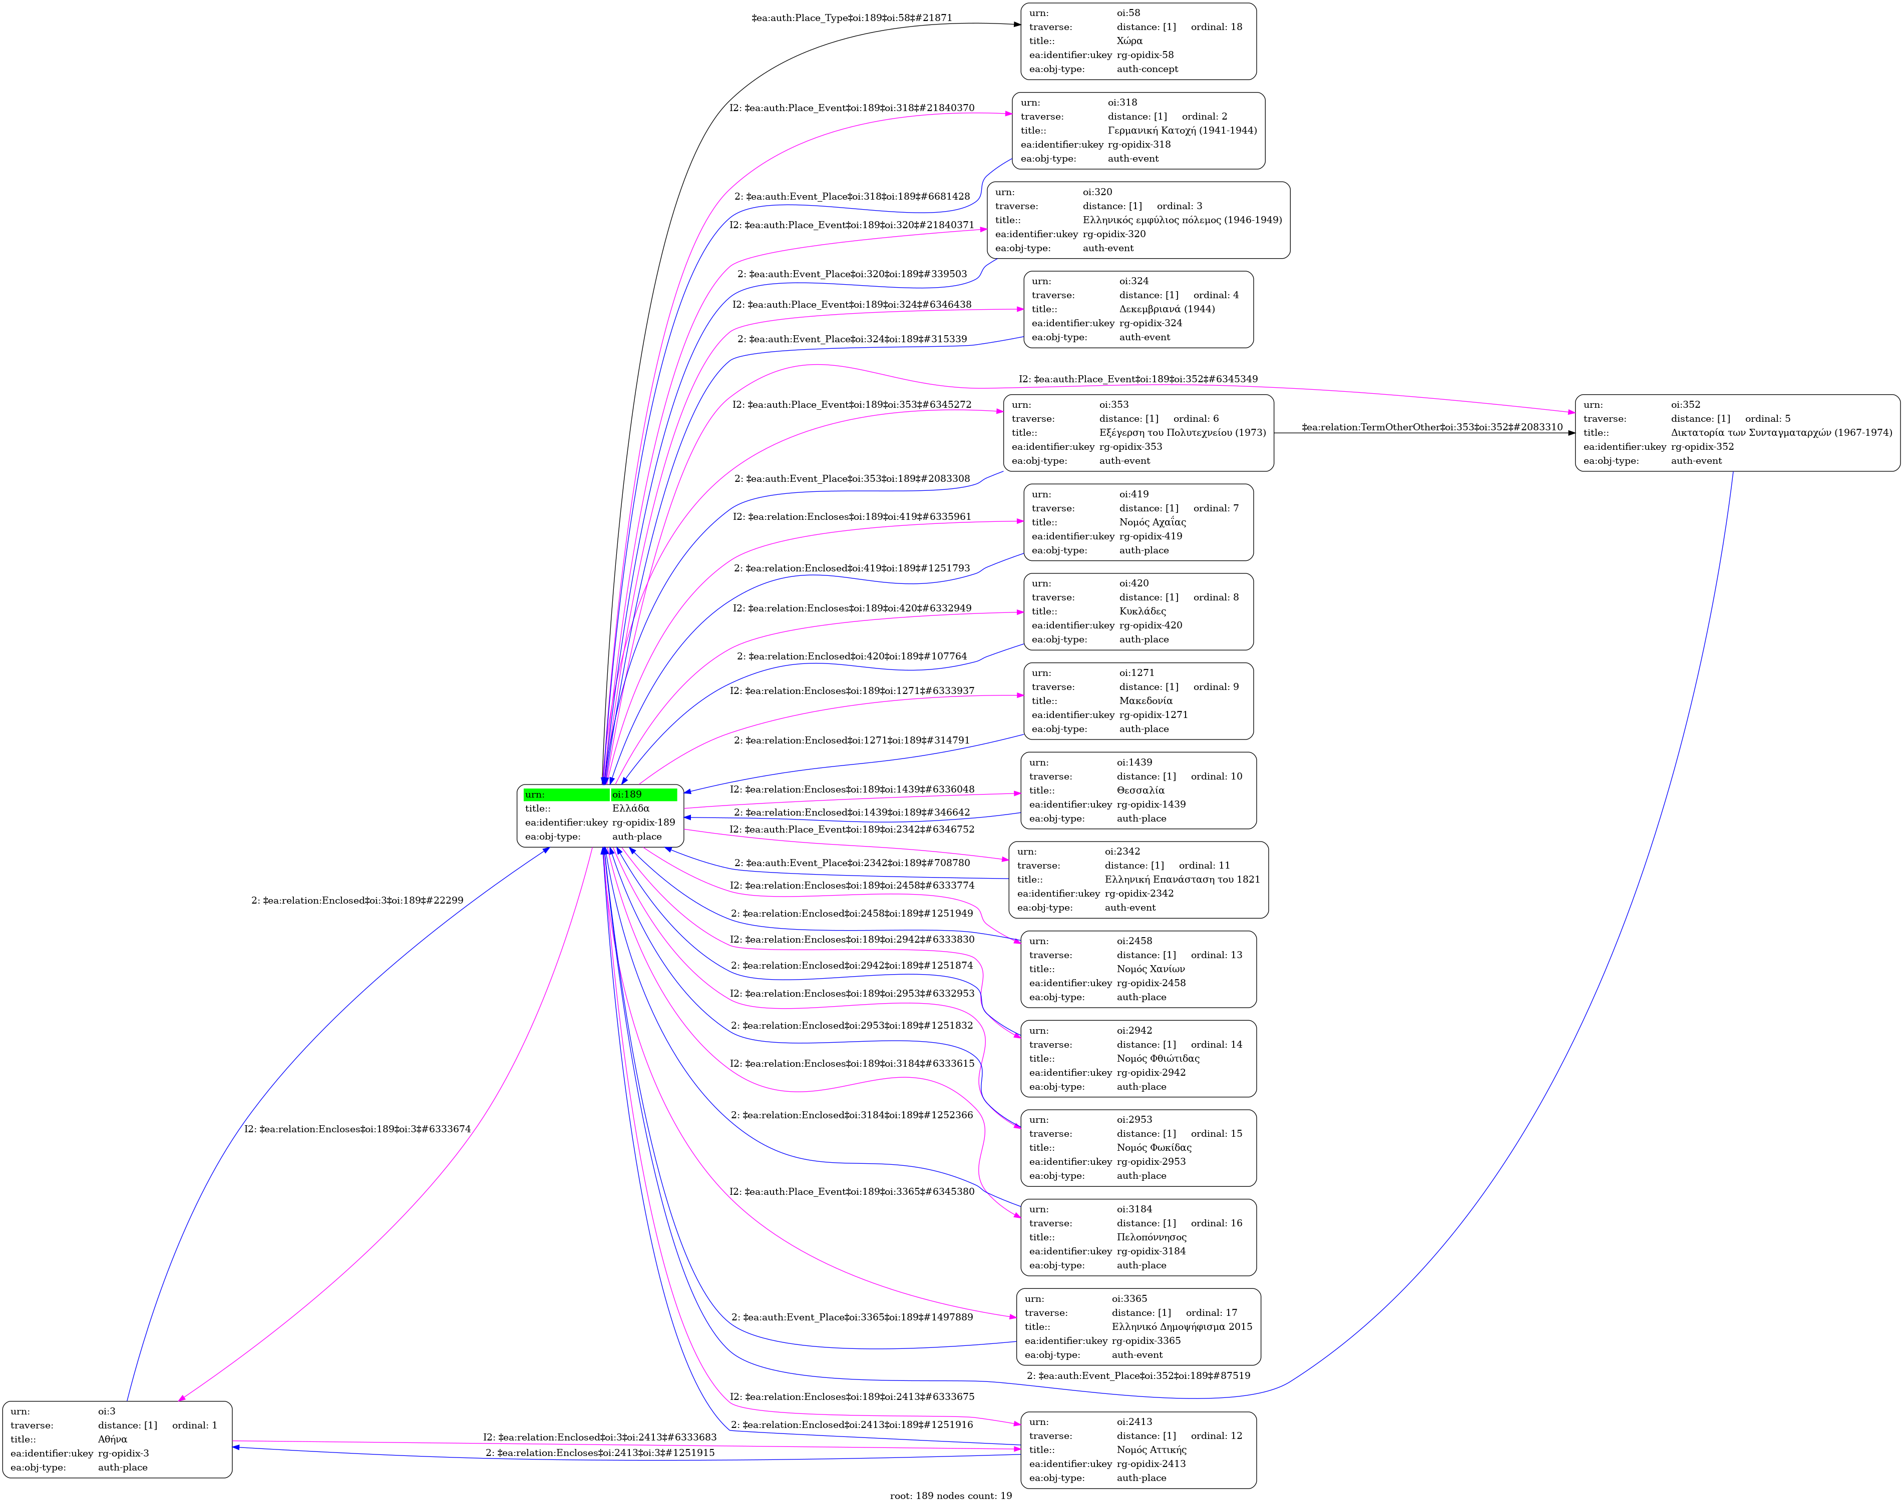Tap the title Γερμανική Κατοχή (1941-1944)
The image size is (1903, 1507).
point(1182,131)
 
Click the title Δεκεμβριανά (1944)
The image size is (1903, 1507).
point(1167,309)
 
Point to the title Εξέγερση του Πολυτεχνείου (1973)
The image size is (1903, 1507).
point(1182,432)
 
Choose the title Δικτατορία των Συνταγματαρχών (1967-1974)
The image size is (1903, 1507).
point(1781,432)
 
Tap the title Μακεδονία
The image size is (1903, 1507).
point(1146,700)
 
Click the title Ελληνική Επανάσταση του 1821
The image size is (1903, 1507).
point(1182,880)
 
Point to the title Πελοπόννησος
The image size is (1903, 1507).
point(1151,1237)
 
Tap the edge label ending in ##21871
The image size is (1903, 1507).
point(852,18)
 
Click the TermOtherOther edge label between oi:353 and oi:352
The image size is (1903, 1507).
point(1432,427)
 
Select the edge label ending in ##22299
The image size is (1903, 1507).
point(357,900)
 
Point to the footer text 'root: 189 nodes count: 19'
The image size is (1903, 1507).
point(951,1495)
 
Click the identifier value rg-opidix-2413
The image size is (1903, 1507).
point(1151,1464)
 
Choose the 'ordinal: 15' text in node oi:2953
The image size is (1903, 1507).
point(1216,1134)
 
